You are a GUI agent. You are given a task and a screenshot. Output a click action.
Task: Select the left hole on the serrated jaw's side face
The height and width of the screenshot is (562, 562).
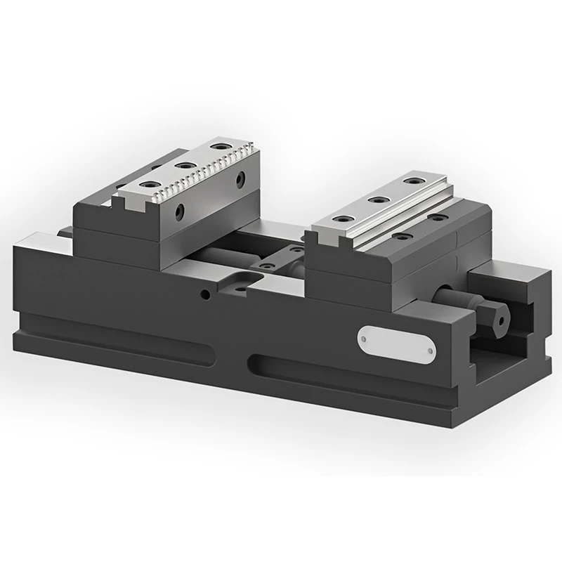click(x=181, y=209)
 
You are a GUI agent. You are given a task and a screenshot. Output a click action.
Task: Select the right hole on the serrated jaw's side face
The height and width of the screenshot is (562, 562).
click(x=240, y=180)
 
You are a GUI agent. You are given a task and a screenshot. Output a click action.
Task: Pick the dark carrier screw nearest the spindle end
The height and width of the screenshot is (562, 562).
click(x=438, y=218)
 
